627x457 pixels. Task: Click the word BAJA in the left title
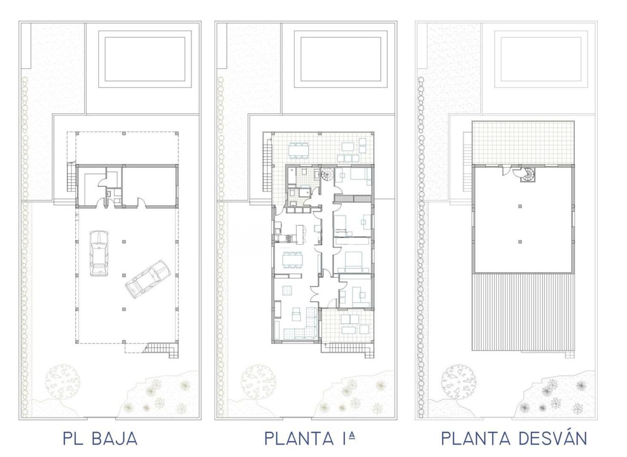point(114,438)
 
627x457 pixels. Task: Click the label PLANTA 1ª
point(310,438)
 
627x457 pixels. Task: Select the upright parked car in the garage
point(99,253)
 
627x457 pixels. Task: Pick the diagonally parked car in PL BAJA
point(148,279)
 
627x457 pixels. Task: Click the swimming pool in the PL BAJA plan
point(145,59)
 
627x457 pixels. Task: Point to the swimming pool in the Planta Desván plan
point(541,59)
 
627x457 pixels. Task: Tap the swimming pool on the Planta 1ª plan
point(341,59)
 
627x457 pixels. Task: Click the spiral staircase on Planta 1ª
point(327,175)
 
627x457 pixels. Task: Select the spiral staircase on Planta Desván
point(527,175)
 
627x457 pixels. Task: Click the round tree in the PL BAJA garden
point(62,382)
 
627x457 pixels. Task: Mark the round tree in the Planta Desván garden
point(458,382)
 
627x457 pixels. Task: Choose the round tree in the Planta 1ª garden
point(258,382)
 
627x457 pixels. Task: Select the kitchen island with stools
point(300,234)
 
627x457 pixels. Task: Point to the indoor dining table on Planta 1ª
point(292,260)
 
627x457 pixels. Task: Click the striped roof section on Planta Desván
point(523,312)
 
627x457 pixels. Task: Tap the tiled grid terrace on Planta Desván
point(523,143)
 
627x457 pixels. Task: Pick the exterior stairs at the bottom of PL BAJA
point(162,349)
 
